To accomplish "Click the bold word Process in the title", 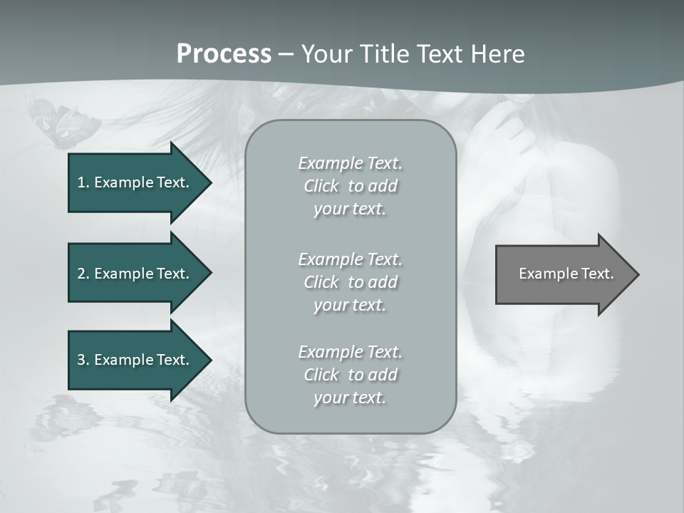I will click(224, 54).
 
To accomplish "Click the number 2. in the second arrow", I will click(83, 274).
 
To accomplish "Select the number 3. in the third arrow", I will click(83, 360).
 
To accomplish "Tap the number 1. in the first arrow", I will click(83, 182).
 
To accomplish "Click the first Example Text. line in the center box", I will click(350, 163).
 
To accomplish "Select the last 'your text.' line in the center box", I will click(350, 398).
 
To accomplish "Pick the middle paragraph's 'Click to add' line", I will click(350, 282).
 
